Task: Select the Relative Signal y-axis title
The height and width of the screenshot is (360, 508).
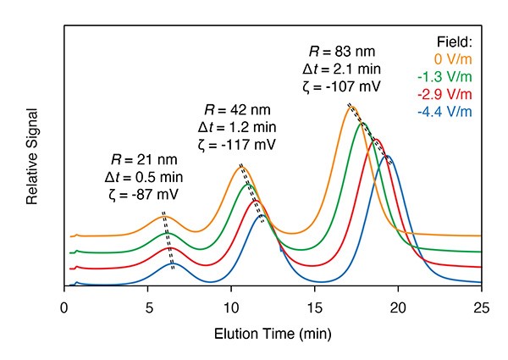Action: click(32, 157)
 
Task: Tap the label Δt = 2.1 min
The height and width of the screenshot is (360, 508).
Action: click(342, 69)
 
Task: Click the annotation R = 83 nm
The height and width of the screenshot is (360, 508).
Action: click(342, 52)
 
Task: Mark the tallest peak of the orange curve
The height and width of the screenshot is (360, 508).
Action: click(351, 106)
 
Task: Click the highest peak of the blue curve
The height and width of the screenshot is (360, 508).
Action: click(387, 156)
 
